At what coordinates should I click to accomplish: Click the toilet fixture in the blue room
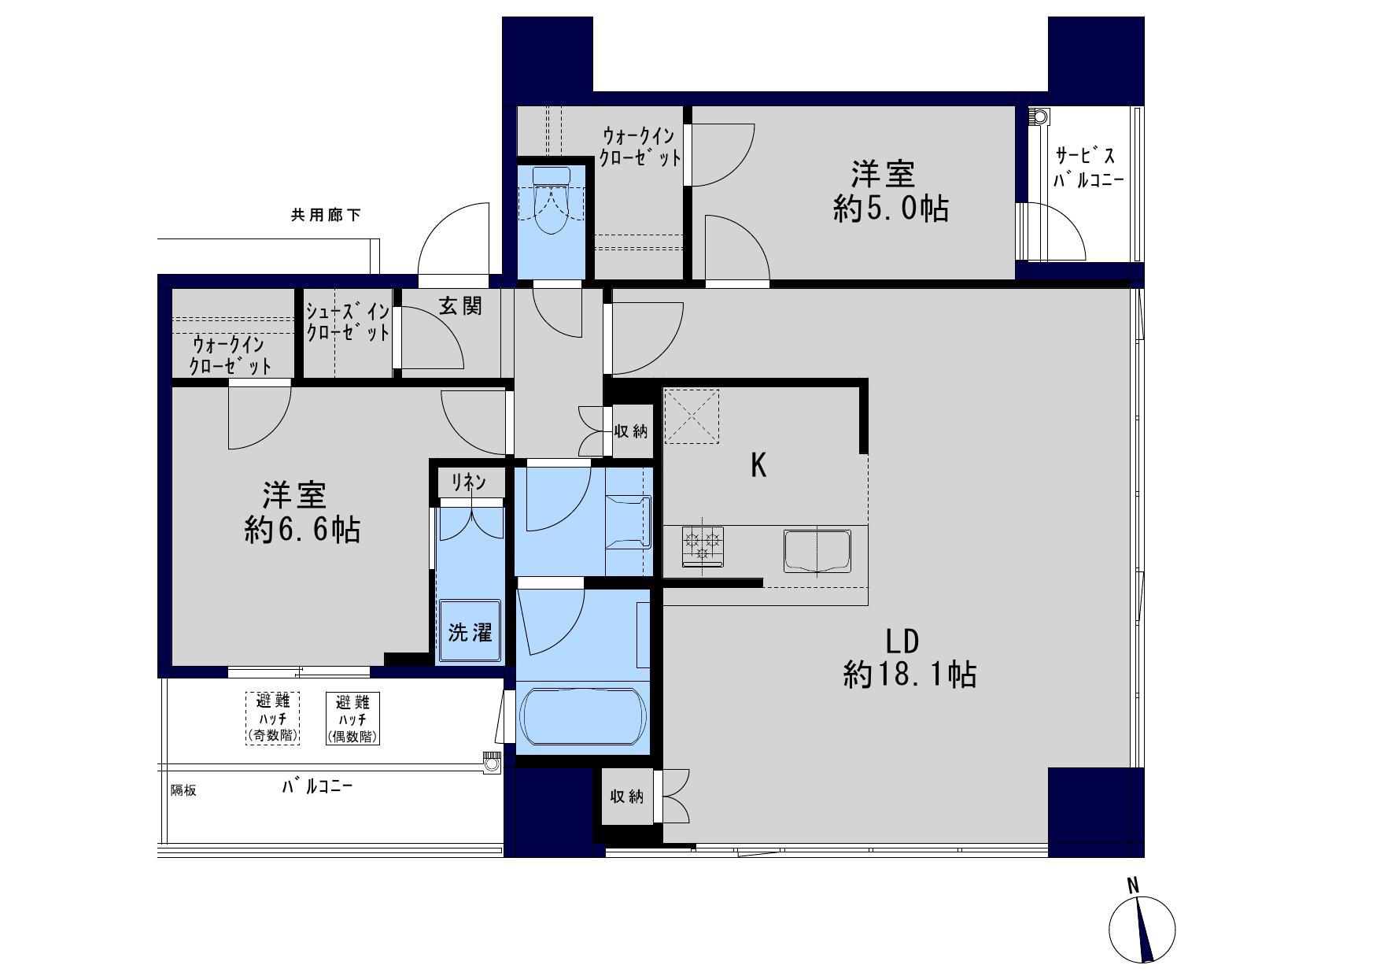tap(550, 201)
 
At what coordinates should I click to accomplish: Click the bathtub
tap(583, 716)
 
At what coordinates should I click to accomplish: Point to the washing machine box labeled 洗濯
tap(470, 632)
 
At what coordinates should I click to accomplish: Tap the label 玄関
tap(460, 305)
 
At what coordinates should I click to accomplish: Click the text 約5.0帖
tap(891, 209)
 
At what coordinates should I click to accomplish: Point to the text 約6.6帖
tap(302, 531)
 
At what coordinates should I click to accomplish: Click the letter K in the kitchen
tap(758, 466)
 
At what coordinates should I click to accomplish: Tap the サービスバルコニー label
tap(1088, 168)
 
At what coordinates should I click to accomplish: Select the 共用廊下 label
tap(326, 215)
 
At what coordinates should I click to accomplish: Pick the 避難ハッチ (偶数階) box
tap(353, 718)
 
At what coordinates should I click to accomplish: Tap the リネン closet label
tap(468, 482)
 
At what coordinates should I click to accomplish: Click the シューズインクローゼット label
tap(347, 321)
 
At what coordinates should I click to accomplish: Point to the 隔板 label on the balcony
tap(183, 790)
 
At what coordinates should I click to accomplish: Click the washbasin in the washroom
tap(629, 522)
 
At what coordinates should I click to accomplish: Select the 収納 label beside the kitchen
tap(631, 431)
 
